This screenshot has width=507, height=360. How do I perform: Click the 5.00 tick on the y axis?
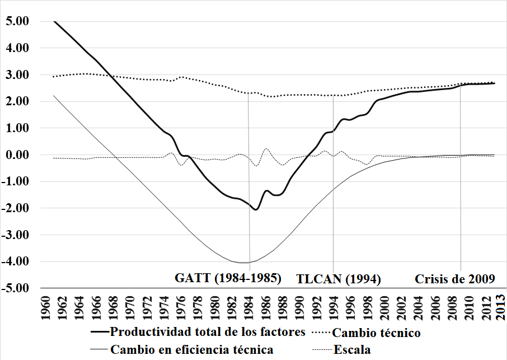[17, 21]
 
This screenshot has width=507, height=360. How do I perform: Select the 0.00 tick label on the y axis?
[17, 155]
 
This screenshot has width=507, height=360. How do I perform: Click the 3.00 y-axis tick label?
[17, 74]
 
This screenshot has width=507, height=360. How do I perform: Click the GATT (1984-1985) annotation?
[228, 278]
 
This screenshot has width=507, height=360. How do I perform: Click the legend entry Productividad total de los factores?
[207, 332]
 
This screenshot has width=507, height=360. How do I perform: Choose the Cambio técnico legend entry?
[376, 333]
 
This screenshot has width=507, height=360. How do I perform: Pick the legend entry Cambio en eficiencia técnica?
[192, 350]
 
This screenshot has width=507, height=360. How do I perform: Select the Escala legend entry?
[352, 350]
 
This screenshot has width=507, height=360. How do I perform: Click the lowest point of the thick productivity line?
[256, 209]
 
